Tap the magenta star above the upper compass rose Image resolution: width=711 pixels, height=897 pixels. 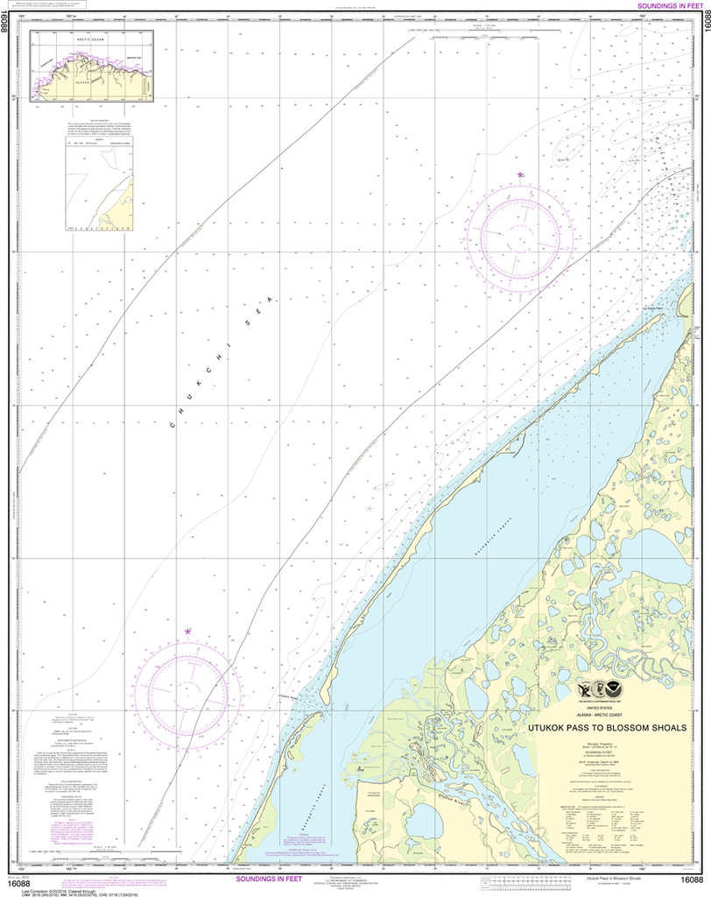coord(521,176)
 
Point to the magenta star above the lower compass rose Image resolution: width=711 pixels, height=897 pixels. coord(187,631)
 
